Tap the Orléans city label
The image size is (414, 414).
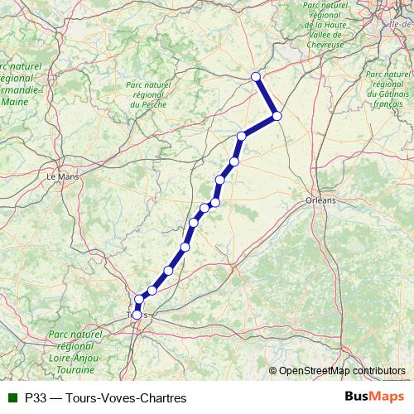click(321, 200)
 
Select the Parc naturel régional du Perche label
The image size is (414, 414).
click(146, 94)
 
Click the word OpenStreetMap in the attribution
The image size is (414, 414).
click(315, 371)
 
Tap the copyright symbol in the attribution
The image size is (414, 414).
click(272, 371)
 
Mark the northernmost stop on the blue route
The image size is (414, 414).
click(256, 77)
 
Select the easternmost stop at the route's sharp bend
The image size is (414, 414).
click(277, 117)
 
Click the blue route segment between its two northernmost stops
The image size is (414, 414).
click(267, 97)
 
